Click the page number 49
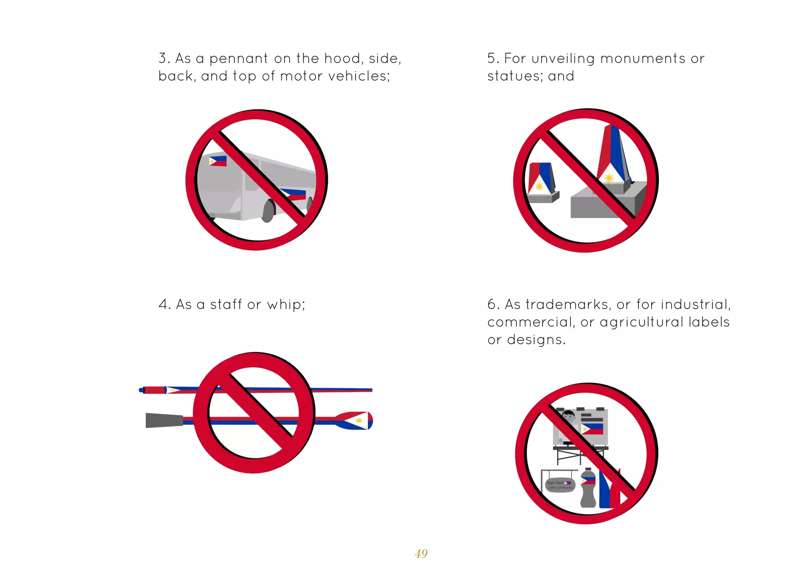coord(421,553)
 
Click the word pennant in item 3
coord(238,59)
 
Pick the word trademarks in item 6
coord(569,304)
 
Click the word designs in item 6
coord(536,340)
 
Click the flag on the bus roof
coord(218,161)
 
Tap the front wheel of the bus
coord(268,211)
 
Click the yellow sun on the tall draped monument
coord(609,178)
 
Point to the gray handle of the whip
coord(164,421)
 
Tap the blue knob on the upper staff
coord(141,390)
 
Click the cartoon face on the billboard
coord(568,416)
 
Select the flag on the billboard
coord(592,429)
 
